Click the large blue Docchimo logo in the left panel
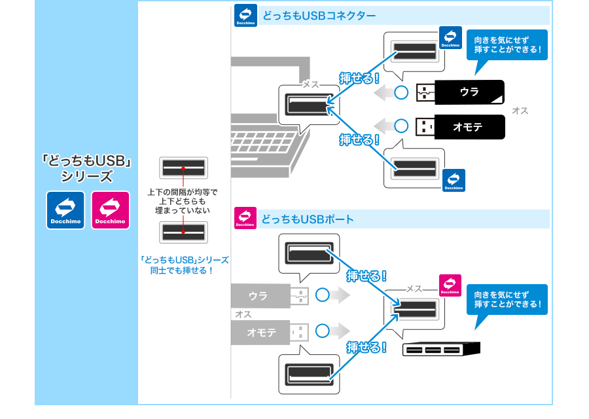(65, 210)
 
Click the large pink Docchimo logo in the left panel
(110, 210)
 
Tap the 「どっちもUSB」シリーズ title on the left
(87, 168)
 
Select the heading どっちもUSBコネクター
(319, 15)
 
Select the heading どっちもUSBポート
(308, 219)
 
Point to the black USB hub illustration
(441, 350)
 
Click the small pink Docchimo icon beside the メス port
(450, 285)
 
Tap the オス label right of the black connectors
(520, 111)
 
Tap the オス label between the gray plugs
(243, 314)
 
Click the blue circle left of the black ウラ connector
(401, 92)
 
